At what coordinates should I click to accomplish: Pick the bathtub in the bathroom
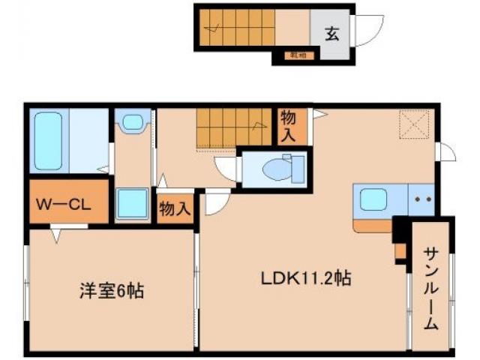[51, 142]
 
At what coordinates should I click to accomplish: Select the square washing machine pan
[132, 203]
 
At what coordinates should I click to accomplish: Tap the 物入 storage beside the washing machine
[174, 208]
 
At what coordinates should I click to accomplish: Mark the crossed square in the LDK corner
[413, 124]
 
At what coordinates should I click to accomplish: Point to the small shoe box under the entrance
[298, 54]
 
